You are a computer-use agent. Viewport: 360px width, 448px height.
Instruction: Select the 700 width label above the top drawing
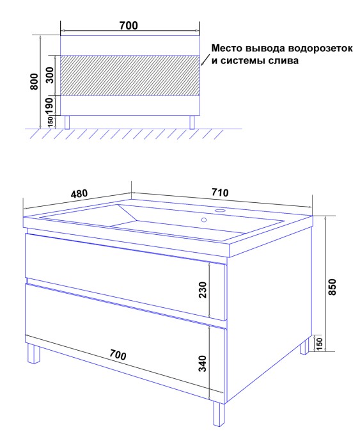[129, 26]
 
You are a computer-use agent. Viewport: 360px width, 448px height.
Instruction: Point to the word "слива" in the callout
[284, 61]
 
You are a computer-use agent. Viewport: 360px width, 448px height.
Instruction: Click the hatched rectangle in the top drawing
[129, 75]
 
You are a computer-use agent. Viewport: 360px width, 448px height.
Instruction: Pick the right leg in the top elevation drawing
[192, 122]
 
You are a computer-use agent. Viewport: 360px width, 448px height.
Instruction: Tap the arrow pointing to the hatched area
[204, 61]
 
